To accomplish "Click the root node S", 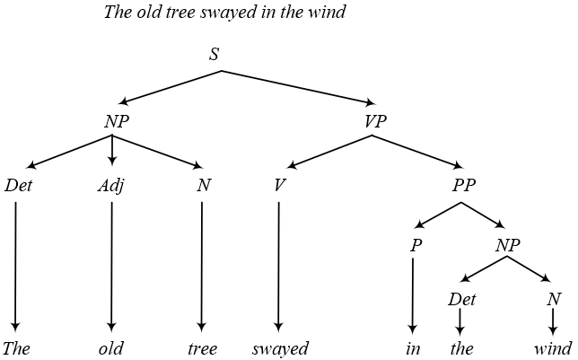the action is coord(214,55).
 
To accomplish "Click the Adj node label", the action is coord(111,187).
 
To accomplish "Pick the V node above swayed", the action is coord(279,187).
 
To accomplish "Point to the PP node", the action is coord(463,187).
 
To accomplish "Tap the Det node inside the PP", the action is coord(461,299).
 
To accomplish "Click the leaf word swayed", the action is coord(280,349).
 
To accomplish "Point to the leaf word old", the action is coord(111,349).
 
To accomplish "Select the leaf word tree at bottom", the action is coord(201,349).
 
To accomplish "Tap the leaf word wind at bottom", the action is coord(552,349).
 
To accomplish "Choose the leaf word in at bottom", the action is coord(412,349).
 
